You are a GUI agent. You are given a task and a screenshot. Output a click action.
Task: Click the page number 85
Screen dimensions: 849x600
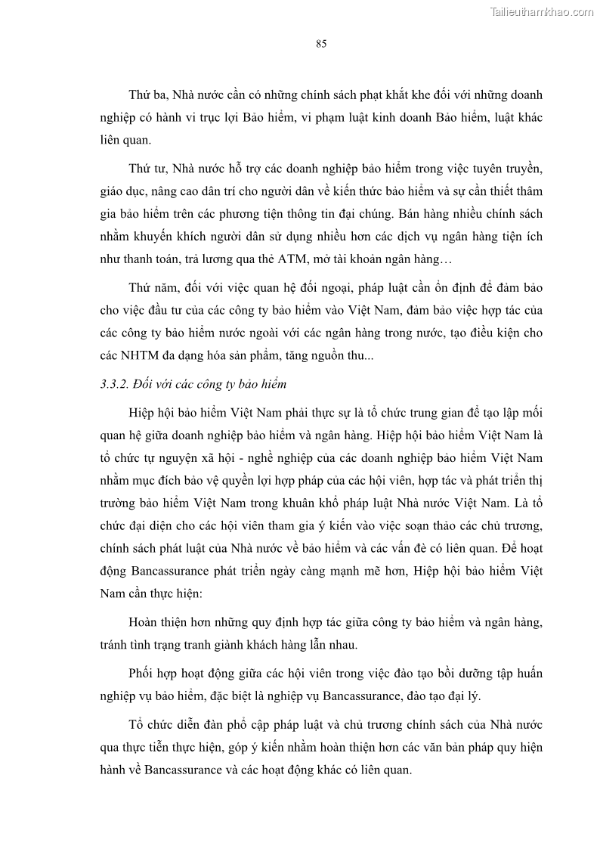(320, 44)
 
